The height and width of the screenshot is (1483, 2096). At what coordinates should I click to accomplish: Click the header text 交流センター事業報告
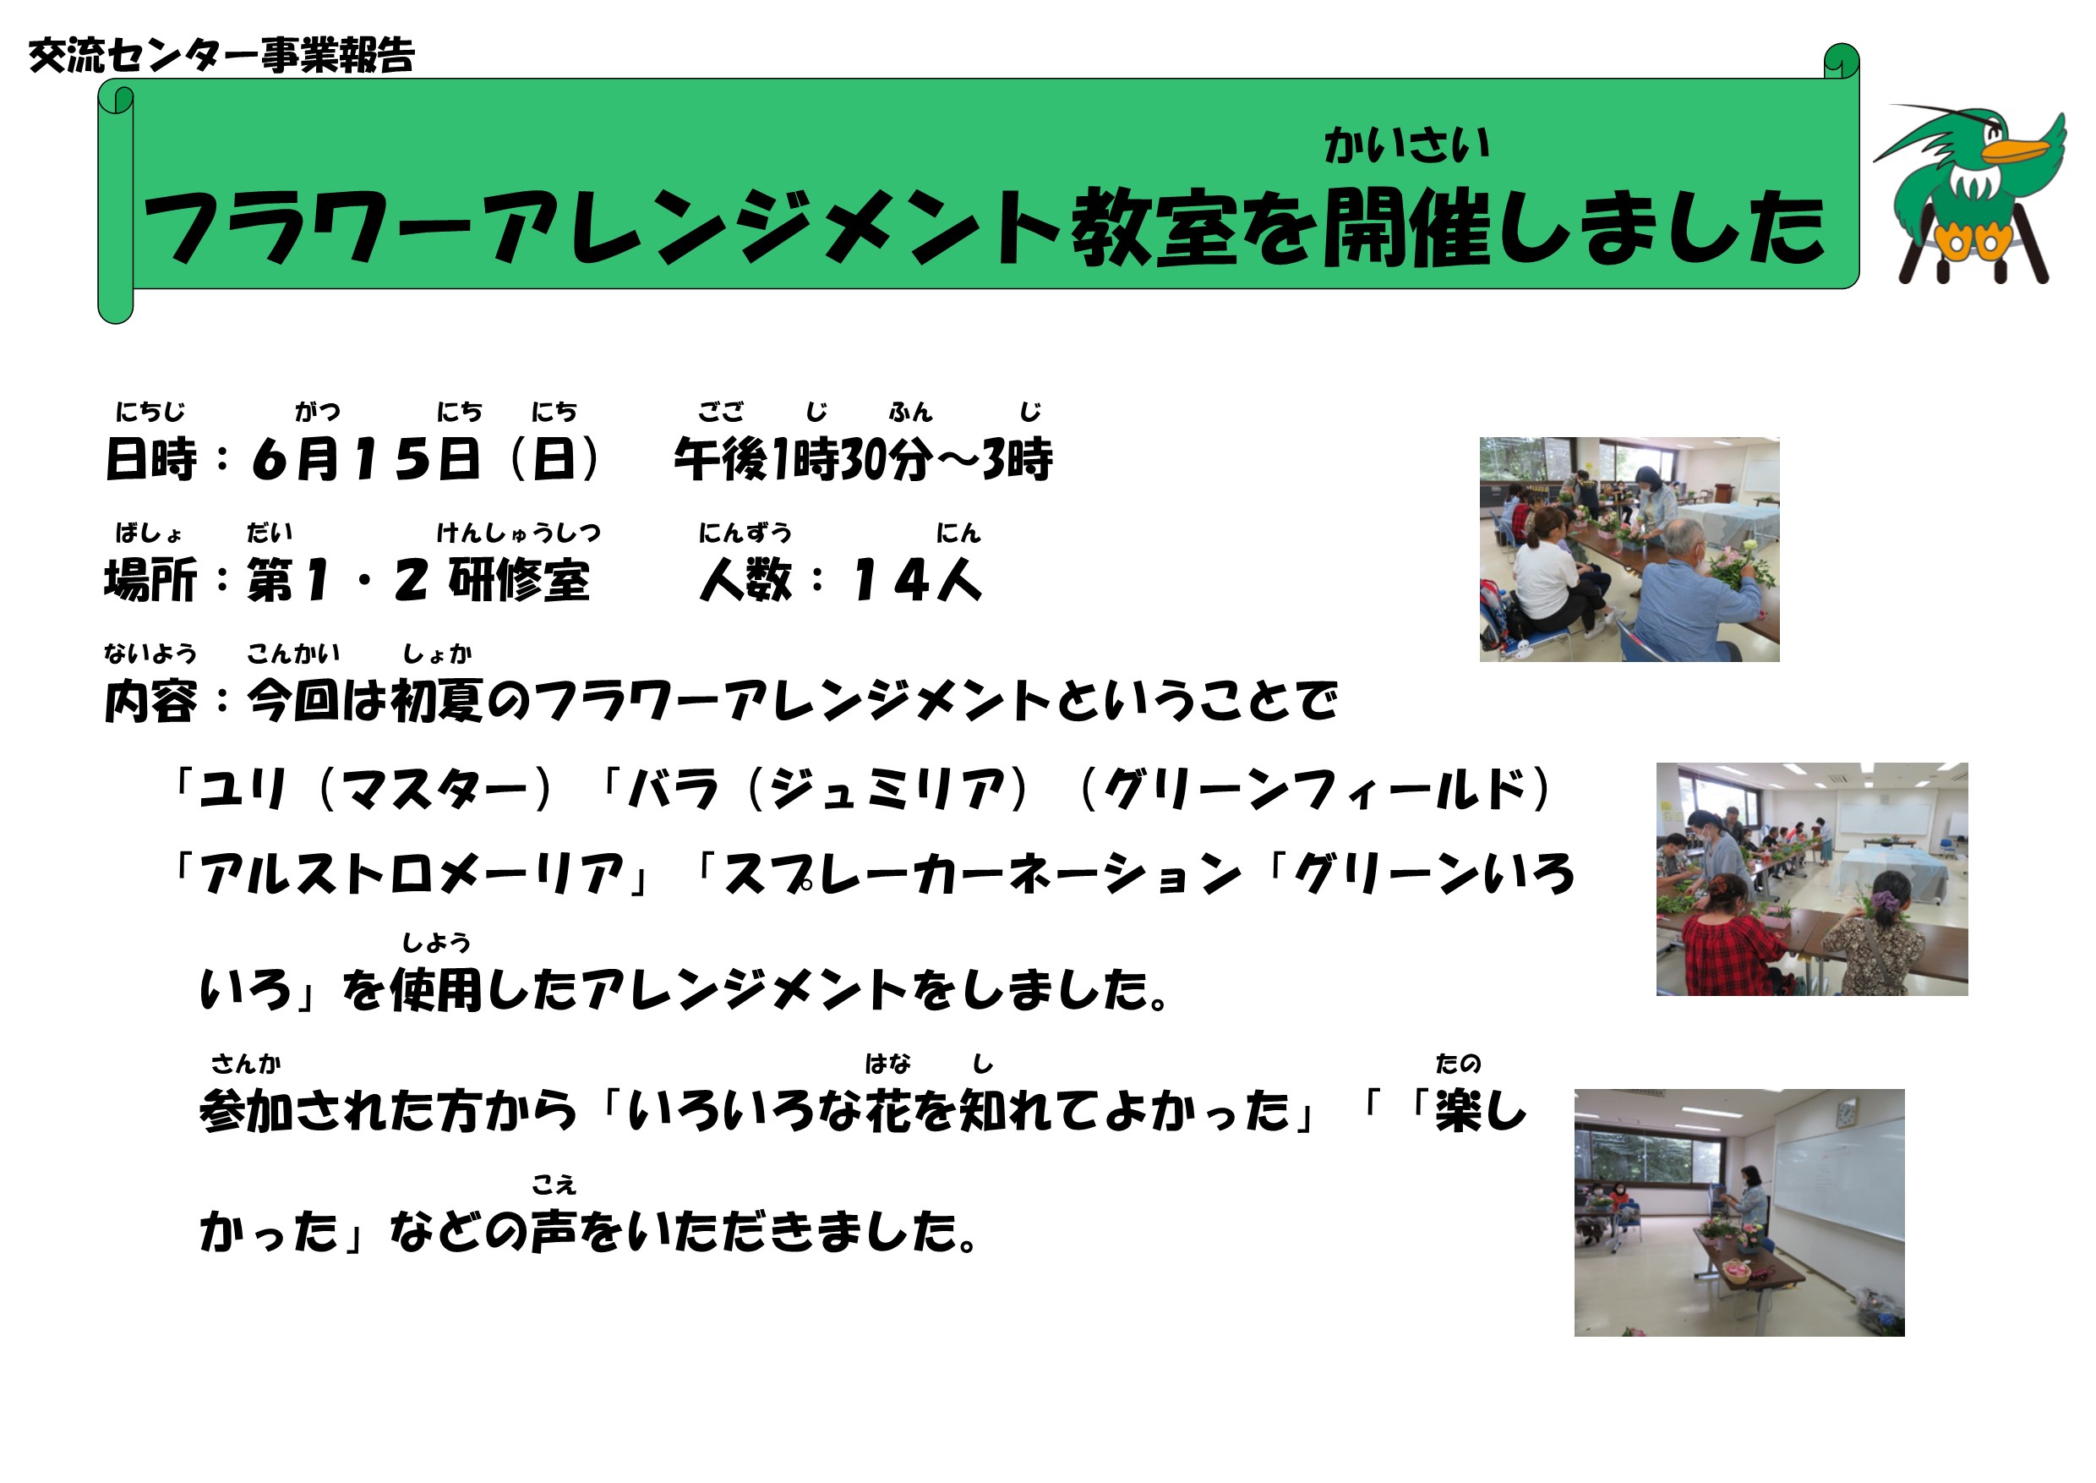221,56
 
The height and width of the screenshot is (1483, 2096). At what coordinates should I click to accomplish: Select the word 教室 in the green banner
1154,227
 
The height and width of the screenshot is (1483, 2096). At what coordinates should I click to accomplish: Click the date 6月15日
366,458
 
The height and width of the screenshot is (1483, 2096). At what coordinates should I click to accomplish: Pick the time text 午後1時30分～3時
863,458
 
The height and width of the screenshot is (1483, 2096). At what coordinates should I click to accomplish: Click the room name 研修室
520,580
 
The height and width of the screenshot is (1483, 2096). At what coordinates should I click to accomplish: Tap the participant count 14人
916,580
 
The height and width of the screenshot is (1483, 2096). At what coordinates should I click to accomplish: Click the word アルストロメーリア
412,874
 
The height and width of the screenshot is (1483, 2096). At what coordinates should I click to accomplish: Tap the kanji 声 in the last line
554,1231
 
